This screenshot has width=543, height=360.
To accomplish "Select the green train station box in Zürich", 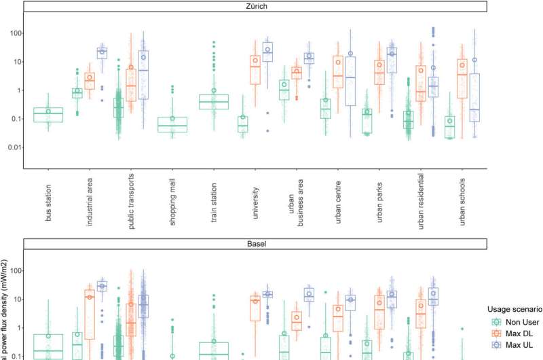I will coord(214,101).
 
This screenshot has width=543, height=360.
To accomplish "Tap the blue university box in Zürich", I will coord(267,52).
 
